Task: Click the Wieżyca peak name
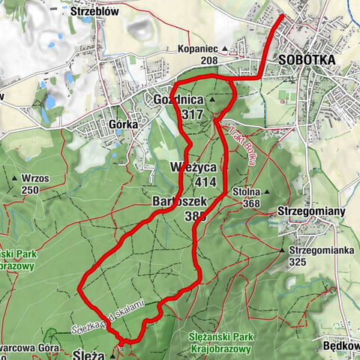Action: tap(196, 169)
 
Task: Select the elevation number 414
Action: tap(204, 182)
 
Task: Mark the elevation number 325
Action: tap(299, 262)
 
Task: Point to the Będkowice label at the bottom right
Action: tap(343, 347)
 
